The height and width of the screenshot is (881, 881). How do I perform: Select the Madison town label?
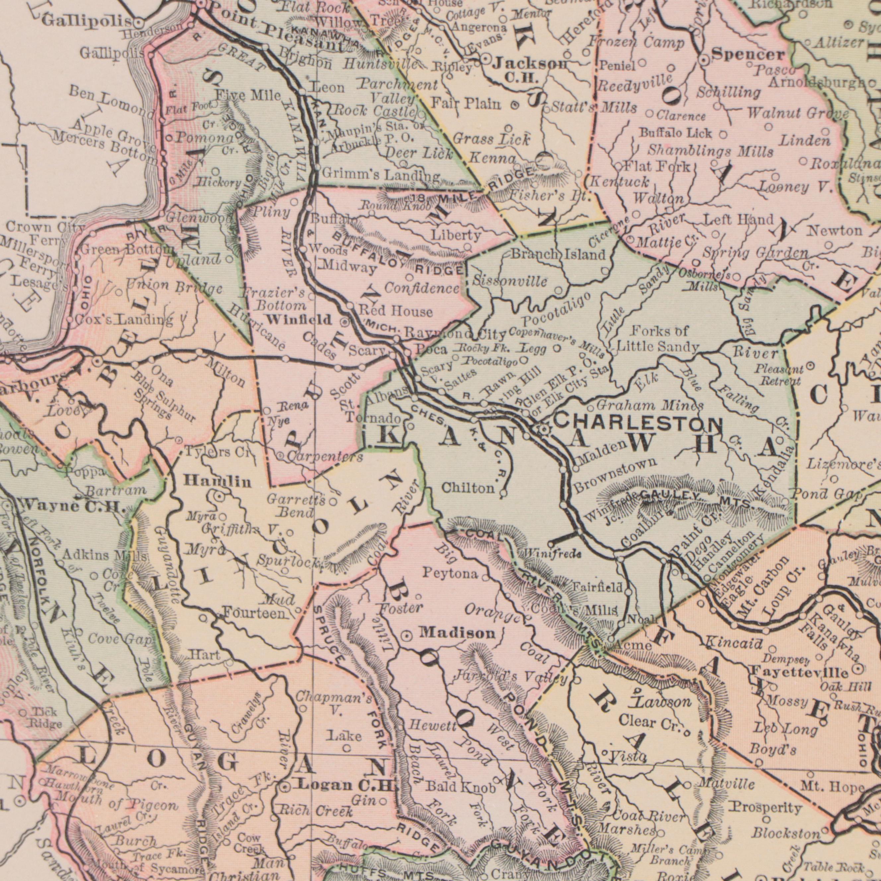pos(457,633)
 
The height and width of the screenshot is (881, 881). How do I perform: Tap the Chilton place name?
pos(468,488)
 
